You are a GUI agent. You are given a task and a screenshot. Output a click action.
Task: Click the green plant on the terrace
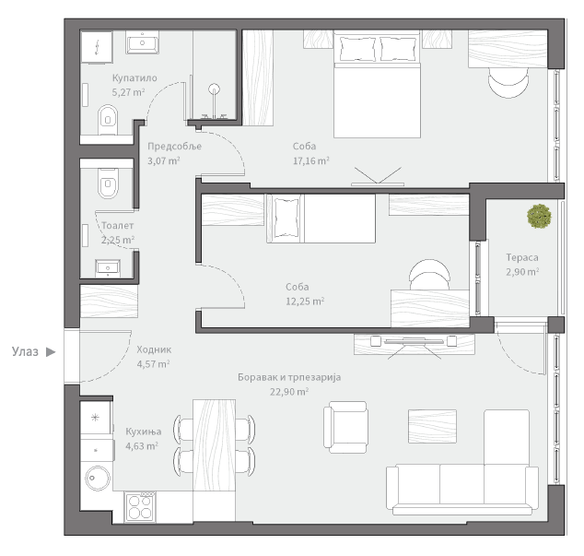click(539, 216)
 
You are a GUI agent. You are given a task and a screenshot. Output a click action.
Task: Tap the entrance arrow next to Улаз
click(51, 351)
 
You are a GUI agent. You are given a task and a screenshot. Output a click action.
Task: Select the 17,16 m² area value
click(311, 160)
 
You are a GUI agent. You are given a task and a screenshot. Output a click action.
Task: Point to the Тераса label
click(522, 257)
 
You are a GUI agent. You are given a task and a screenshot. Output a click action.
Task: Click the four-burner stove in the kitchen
click(140, 507)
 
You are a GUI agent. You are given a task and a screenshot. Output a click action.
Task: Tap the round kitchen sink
click(98, 478)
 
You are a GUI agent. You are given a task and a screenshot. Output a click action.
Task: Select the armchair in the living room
click(345, 427)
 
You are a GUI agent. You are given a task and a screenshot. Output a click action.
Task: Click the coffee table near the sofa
click(432, 426)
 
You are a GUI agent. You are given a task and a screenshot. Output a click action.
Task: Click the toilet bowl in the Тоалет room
click(108, 183)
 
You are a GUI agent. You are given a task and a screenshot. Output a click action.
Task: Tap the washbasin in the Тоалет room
click(108, 268)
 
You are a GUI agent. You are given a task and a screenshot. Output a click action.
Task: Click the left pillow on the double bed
click(357, 49)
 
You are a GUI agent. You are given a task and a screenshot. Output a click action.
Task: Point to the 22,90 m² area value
click(289, 392)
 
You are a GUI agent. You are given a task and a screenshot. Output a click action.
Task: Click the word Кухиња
click(144, 432)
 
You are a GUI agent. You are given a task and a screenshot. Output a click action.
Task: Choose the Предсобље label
click(175, 147)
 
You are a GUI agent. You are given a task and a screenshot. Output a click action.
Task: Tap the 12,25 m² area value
click(305, 301)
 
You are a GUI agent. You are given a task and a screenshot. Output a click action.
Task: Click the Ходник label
click(154, 349)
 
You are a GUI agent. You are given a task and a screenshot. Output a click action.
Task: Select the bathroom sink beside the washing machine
click(142, 42)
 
